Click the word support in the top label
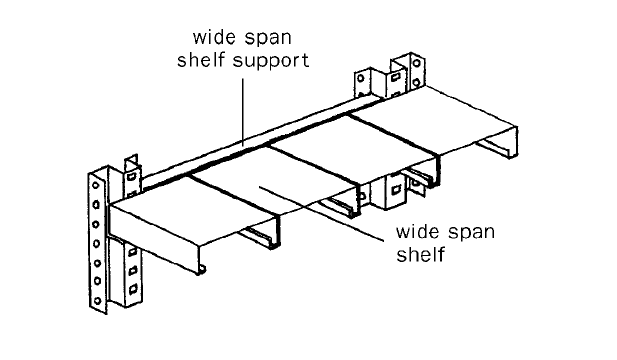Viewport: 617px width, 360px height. (271, 62)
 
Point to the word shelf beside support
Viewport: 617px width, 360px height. (201, 60)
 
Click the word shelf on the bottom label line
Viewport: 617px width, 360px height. (420, 254)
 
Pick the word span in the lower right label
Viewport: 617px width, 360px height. (471, 233)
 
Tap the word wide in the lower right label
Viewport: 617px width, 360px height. (417, 231)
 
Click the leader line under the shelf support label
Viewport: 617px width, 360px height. (243, 113)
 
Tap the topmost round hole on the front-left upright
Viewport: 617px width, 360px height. (96, 186)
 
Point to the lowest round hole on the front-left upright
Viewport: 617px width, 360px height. (97, 301)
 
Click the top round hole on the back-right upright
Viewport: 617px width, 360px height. (416, 63)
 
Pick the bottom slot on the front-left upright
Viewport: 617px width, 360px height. (134, 289)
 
